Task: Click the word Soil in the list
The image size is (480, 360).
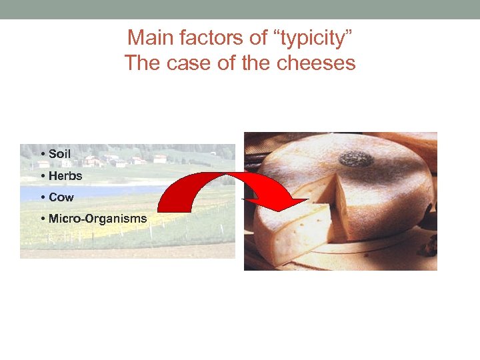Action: coord(59,154)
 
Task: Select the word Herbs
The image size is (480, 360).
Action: coord(65,176)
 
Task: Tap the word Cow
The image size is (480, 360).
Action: coord(61,197)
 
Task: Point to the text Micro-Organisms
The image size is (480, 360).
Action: coord(97,219)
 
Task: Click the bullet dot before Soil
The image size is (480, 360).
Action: coord(43,155)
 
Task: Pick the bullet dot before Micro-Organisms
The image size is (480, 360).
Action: coord(43,219)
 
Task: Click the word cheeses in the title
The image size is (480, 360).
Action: coord(319,63)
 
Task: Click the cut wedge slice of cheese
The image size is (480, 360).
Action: coord(293,230)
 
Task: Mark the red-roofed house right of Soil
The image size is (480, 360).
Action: coord(92,161)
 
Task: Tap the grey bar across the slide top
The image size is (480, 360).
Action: coord(240,9)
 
